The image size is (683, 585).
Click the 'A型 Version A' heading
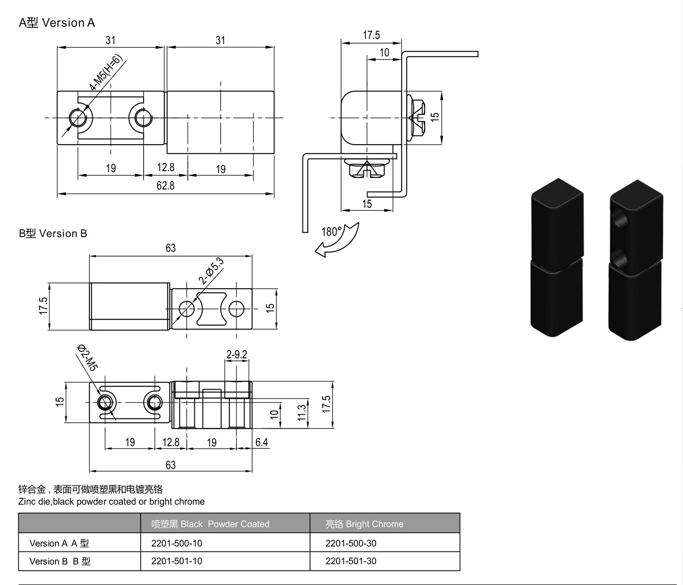click(x=57, y=23)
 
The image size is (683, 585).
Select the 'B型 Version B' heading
click(x=53, y=233)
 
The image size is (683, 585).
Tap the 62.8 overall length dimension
click(x=165, y=185)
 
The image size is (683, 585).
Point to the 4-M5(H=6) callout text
click(x=106, y=72)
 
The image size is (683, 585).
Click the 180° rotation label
click(x=331, y=232)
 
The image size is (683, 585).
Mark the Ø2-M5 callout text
click(x=87, y=358)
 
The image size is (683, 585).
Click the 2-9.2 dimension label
click(x=236, y=355)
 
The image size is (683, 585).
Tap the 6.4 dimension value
click(x=261, y=442)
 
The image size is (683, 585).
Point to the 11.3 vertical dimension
click(x=302, y=413)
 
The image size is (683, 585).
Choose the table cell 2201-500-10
click(x=177, y=543)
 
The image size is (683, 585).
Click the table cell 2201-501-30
click(x=351, y=561)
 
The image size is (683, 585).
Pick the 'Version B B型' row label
click(x=60, y=561)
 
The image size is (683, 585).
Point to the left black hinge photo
click(x=557, y=258)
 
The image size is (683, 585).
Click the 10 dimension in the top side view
click(x=384, y=52)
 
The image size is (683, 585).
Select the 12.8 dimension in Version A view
click(x=166, y=167)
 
